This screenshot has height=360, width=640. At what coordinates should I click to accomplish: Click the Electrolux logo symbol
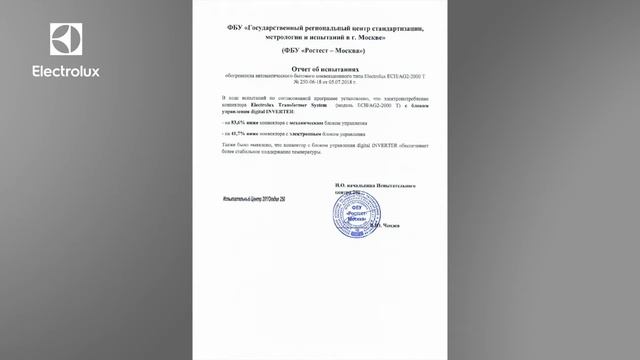66,39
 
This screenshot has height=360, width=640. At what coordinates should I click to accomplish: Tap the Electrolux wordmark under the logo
66,72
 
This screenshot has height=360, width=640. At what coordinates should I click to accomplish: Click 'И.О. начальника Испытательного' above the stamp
375,186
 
